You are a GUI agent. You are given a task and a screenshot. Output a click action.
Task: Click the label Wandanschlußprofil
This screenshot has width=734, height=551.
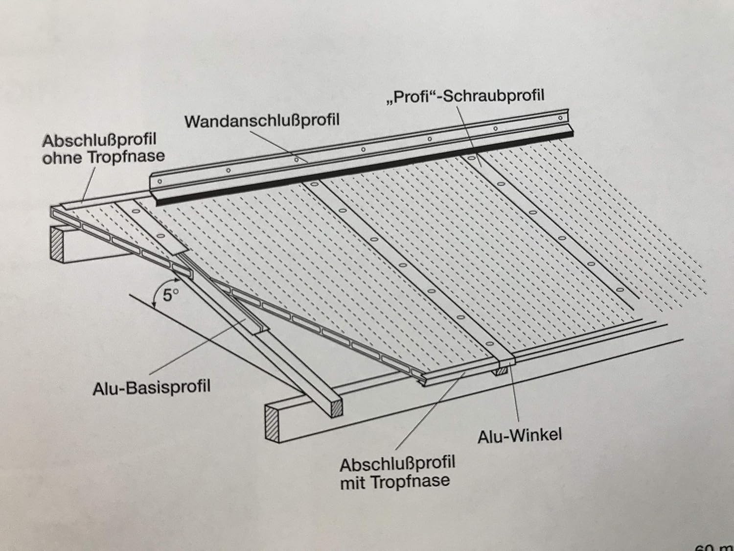262,120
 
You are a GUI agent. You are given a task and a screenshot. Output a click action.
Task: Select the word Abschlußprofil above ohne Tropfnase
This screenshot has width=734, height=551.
99,141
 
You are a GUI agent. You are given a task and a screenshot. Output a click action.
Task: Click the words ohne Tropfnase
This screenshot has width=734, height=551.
103,157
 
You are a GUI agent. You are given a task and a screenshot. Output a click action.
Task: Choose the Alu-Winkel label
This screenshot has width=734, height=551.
520,435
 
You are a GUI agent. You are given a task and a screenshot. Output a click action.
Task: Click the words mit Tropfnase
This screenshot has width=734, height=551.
394,481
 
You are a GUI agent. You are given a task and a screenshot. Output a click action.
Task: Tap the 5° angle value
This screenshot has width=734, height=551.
168,296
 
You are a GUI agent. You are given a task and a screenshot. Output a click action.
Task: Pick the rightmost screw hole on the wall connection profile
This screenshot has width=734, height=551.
560,118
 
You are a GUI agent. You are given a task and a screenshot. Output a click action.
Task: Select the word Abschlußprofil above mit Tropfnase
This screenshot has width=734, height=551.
397,463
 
